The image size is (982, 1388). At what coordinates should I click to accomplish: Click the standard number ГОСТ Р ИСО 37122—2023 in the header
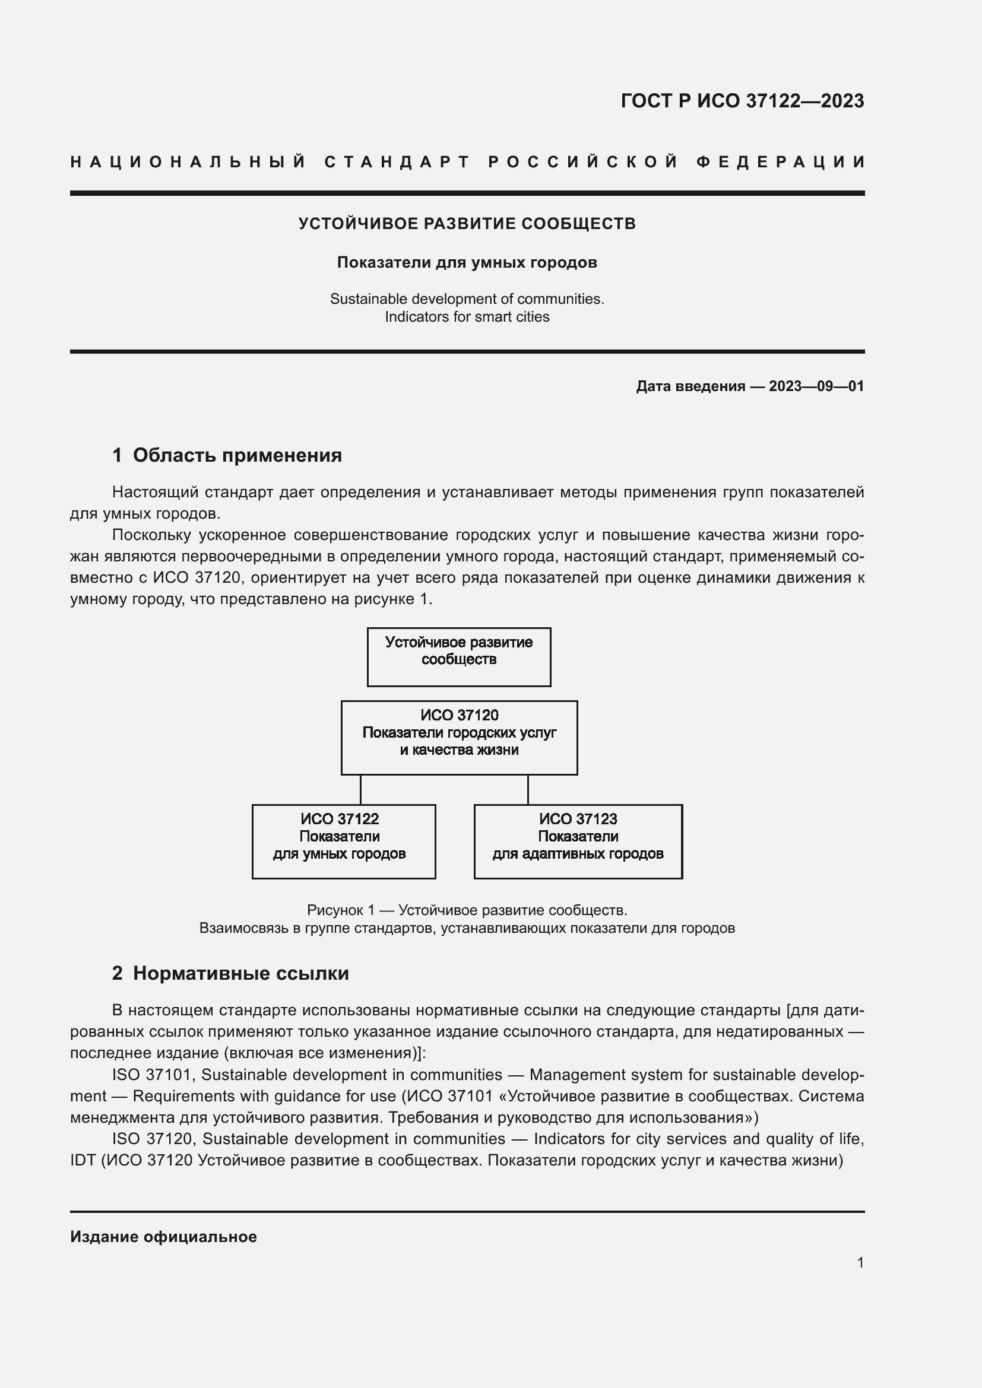(742, 101)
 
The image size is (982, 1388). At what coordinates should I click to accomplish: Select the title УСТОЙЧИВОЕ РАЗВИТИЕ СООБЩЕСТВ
(467, 224)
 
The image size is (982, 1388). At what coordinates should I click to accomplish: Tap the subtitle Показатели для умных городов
(467, 262)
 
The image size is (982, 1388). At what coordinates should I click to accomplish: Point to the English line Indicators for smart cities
(467, 317)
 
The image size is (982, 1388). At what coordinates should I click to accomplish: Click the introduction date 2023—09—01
(816, 386)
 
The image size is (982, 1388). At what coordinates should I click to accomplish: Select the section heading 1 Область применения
(227, 455)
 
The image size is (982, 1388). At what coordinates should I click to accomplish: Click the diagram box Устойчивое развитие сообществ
(459, 657)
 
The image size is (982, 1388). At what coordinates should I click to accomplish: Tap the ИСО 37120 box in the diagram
(459, 738)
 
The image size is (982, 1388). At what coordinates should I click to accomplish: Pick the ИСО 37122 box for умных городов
(343, 841)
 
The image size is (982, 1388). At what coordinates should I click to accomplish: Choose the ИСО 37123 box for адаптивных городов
(578, 841)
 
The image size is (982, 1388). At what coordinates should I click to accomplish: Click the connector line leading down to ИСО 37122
(361, 789)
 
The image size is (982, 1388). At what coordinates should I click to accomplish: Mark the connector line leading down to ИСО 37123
(528, 789)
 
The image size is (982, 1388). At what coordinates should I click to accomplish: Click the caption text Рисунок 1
(340, 910)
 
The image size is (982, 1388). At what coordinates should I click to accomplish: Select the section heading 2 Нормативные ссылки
(230, 973)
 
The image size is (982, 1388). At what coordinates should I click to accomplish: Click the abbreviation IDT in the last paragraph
(83, 1161)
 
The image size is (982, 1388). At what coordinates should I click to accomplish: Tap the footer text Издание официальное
(163, 1237)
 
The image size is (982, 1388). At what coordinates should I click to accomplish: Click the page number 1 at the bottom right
(860, 1263)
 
